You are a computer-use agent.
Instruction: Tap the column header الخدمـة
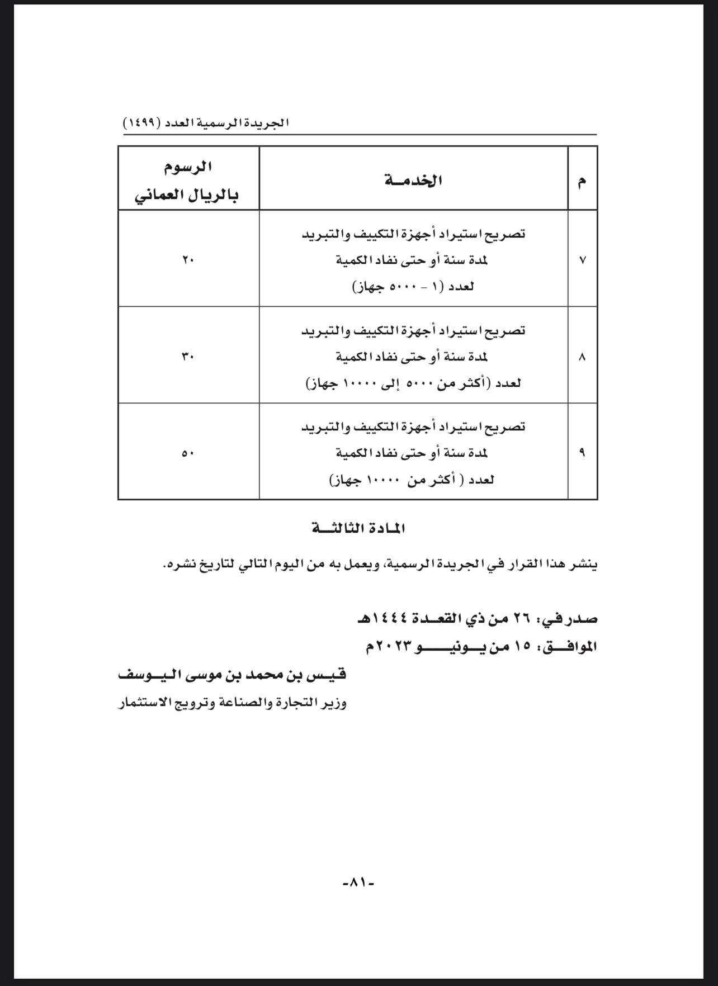(414, 181)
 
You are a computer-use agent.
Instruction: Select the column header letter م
(582, 181)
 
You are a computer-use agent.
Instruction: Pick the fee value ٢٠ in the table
(187, 260)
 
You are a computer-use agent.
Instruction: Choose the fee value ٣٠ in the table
(187, 357)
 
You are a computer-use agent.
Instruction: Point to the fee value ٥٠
(187, 453)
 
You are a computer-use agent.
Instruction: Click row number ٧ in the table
(582, 260)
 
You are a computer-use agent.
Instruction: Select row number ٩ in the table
(582, 453)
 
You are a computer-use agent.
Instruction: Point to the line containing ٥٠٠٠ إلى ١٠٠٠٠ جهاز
(413, 383)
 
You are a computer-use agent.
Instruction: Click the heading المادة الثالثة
(358, 528)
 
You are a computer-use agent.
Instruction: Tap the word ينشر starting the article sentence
(585, 565)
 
